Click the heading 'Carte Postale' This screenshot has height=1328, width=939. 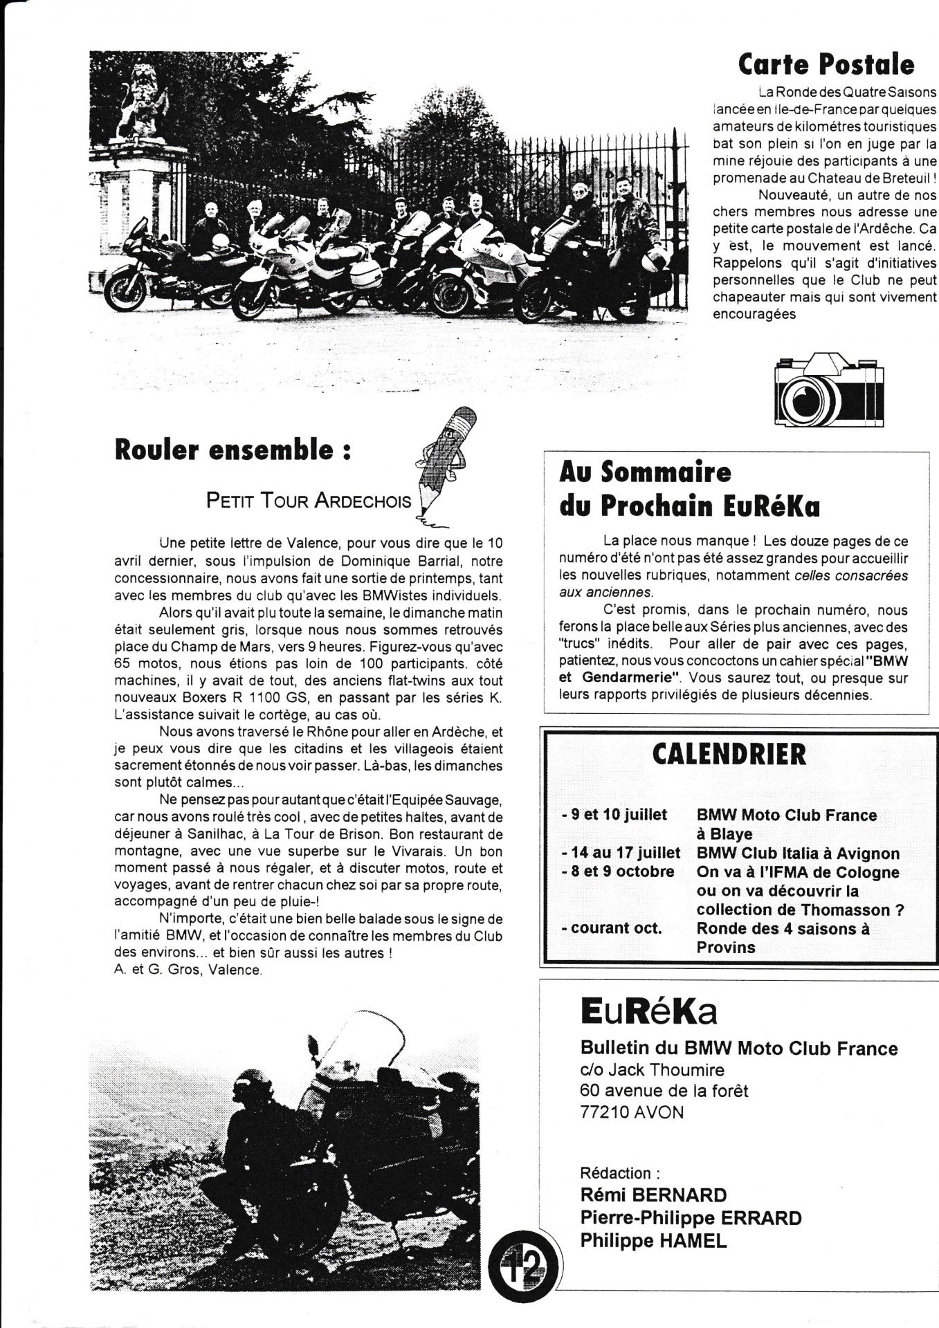click(826, 65)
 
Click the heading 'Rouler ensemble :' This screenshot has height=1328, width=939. click(233, 450)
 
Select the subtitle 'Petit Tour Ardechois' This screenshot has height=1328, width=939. click(308, 501)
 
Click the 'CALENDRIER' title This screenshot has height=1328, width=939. click(729, 755)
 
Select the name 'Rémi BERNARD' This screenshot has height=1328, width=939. click(653, 1195)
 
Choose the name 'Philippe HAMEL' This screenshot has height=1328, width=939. click(653, 1241)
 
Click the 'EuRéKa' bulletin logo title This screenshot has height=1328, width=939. click(648, 1012)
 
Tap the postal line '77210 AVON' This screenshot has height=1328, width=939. click(632, 1112)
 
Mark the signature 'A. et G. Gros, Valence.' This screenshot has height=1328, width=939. click(188, 970)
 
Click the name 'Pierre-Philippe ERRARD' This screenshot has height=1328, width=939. click(691, 1218)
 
